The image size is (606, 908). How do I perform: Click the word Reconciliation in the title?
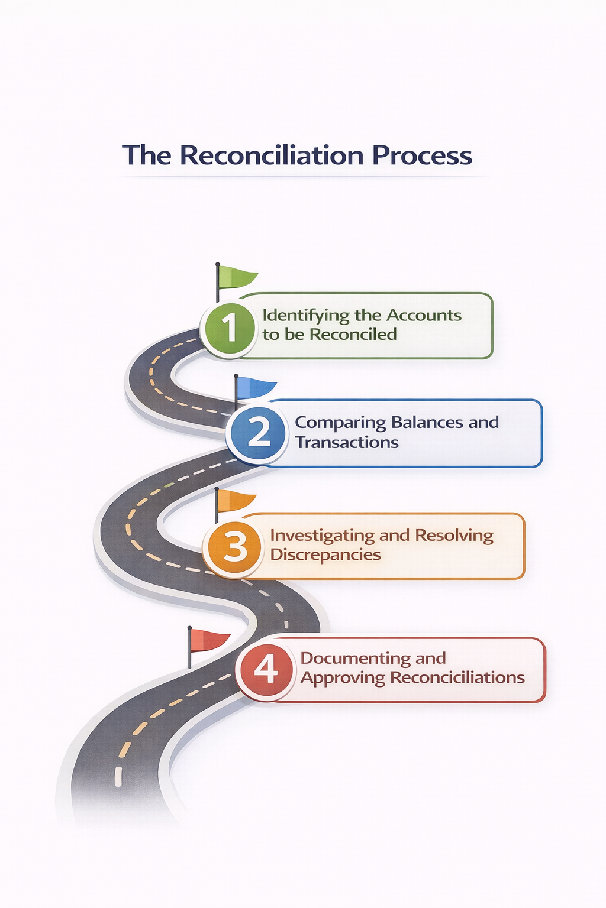tap(272, 155)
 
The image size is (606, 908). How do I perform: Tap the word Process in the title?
tap(422, 155)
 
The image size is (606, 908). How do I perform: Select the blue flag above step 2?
tap(255, 388)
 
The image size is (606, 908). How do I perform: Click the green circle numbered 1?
tap(228, 327)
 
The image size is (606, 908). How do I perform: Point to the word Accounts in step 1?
tap(424, 315)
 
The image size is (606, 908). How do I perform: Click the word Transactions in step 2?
tap(347, 442)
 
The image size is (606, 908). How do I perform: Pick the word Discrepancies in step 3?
tap(325, 555)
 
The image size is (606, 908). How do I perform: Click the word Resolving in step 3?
tap(454, 536)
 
